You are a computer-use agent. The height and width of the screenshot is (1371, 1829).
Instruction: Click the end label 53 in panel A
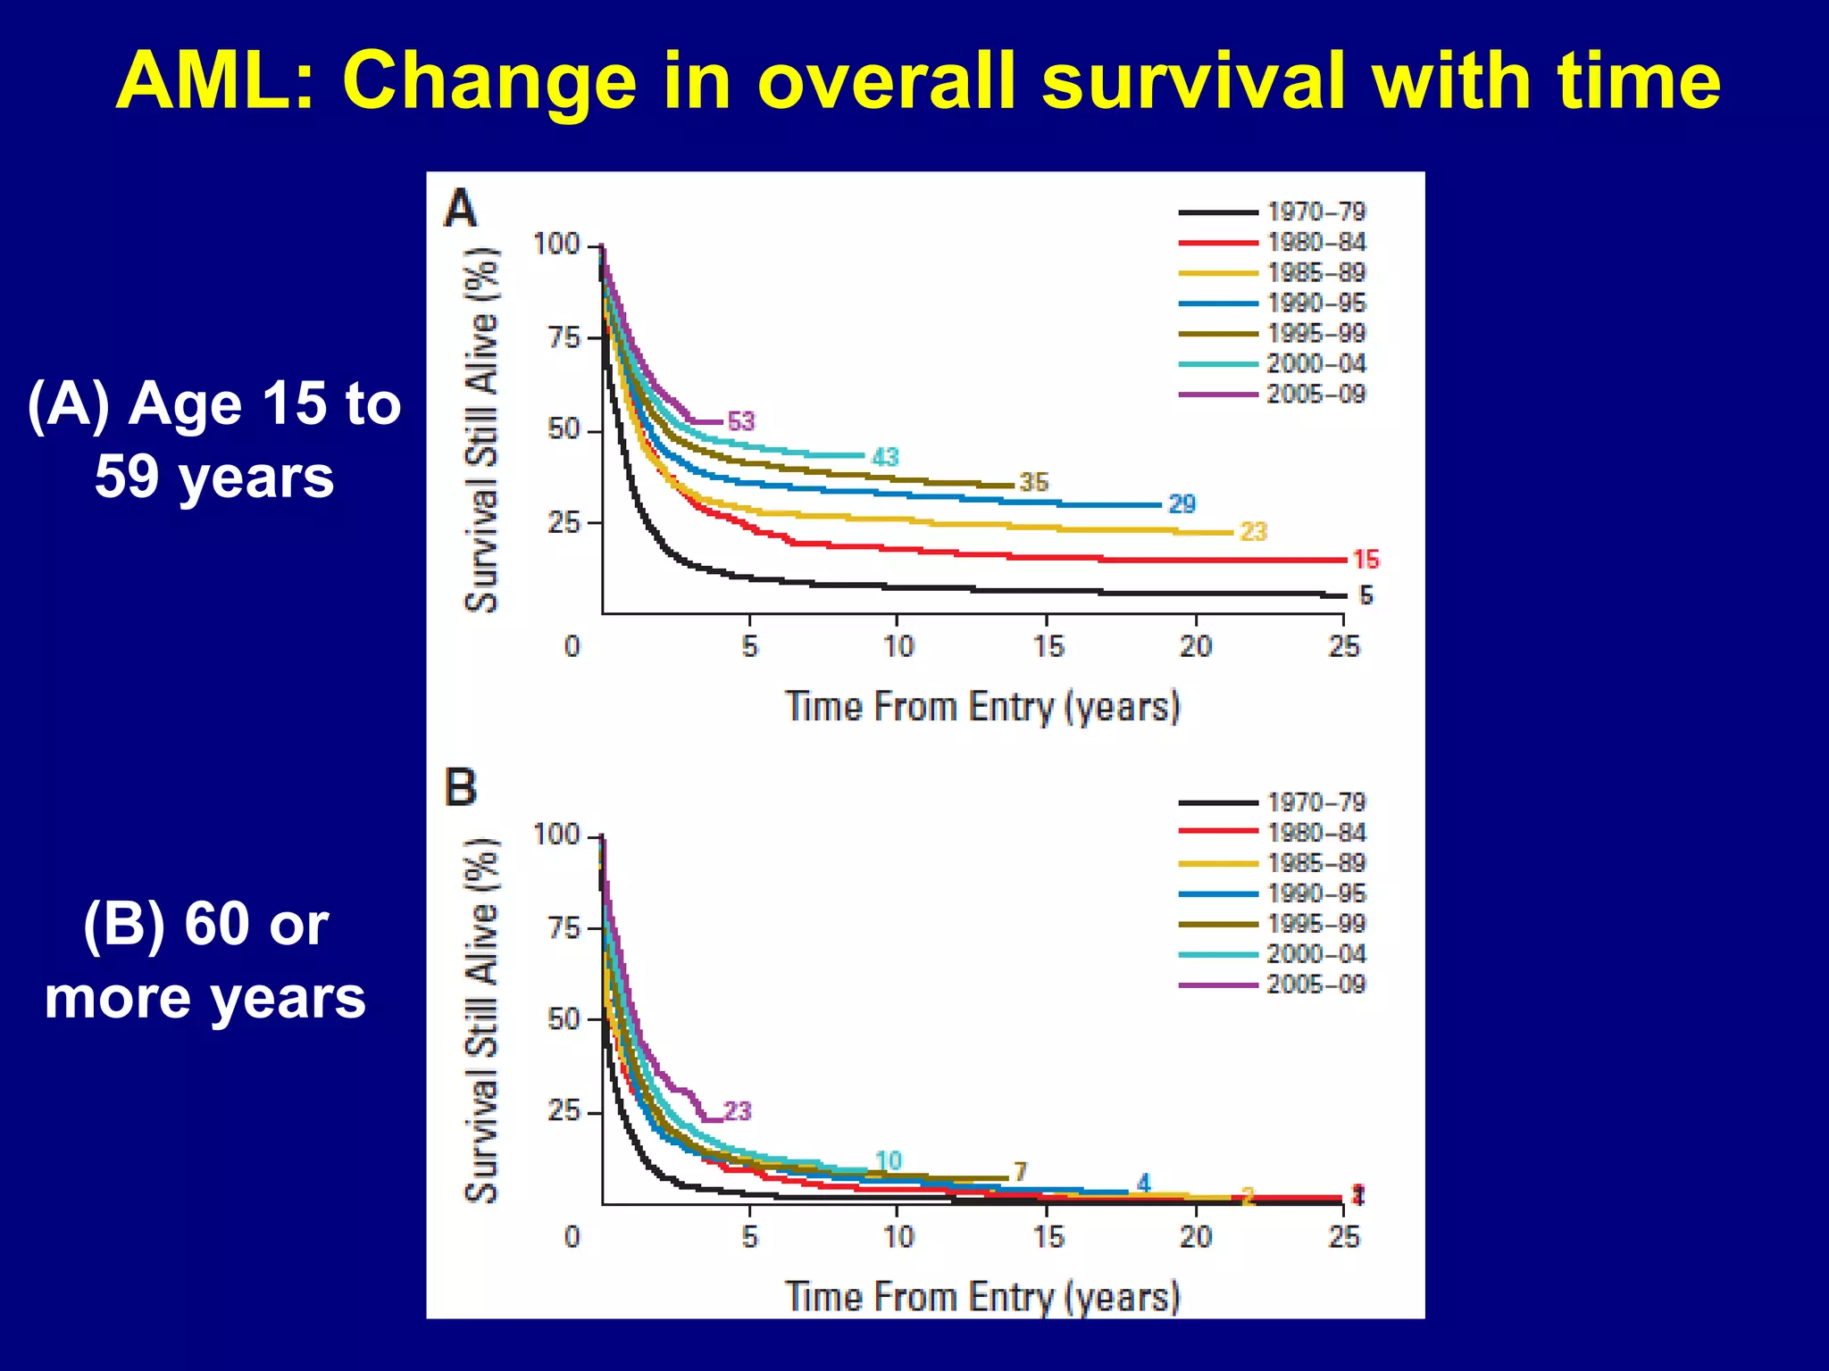click(741, 421)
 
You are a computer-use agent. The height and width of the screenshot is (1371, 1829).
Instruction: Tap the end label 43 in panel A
click(885, 457)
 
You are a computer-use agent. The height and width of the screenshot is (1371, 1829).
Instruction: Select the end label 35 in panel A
click(1033, 482)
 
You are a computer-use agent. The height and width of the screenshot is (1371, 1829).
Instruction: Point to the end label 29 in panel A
click(1182, 504)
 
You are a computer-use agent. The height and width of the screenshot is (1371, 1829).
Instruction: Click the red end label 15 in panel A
click(1365, 560)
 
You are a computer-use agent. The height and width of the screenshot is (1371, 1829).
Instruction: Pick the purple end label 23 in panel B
click(738, 1111)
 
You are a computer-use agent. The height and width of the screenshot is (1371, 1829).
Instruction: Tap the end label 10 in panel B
click(889, 1160)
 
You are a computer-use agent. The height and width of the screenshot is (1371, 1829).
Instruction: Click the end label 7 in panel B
click(1021, 1171)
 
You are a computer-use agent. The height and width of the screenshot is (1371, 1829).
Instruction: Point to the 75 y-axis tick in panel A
click(564, 337)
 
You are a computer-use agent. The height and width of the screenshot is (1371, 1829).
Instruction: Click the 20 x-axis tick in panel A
click(1196, 646)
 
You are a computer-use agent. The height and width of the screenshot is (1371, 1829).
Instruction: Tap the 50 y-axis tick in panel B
click(564, 1019)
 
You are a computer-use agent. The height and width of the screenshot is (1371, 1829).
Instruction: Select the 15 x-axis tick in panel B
click(1048, 1237)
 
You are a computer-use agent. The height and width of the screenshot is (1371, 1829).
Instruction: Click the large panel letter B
click(461, 788)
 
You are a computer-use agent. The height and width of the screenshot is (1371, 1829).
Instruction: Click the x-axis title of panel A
click(982, 707)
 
